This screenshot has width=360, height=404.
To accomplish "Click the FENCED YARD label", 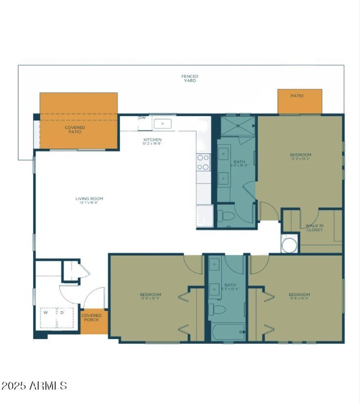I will [190, 78].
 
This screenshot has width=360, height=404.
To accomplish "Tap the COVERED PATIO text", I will [75, 130].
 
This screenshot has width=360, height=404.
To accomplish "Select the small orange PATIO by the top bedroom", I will [299, 101].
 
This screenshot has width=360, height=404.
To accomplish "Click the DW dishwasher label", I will [142, 118].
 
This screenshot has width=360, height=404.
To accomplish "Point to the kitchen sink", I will [162, 123].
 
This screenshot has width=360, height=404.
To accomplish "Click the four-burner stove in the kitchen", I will [203, 162].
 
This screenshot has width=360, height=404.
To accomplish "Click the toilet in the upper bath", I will [226, 217].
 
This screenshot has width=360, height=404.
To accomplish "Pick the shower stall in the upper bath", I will [238, 125].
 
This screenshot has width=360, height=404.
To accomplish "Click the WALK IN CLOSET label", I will [314, 227].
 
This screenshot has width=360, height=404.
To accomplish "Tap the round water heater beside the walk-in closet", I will [289, 245].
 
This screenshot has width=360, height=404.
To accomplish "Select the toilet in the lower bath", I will [219, 309].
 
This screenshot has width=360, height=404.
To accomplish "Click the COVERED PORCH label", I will [91, 318].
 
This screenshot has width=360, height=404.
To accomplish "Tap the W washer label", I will [45, 312].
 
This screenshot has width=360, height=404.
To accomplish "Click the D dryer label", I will [62, 312].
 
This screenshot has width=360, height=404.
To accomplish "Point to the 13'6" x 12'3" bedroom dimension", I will [150, 299].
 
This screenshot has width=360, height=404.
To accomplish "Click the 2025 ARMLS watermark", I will [34, 386].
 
